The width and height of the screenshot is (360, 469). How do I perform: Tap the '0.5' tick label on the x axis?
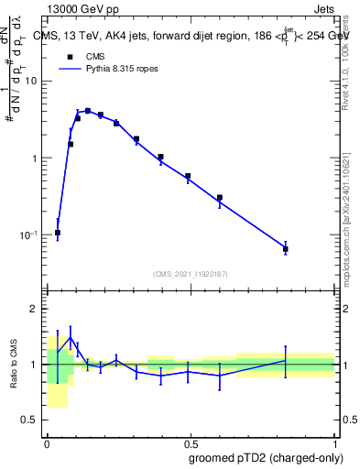coord(191,442)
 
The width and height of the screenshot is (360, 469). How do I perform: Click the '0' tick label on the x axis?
coord(47,442)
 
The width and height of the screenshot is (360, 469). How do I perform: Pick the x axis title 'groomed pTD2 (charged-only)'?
coord(266,458)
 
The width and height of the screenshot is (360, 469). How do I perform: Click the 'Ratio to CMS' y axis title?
coord(14,364)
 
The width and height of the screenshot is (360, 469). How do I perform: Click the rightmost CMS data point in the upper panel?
coord(286,249)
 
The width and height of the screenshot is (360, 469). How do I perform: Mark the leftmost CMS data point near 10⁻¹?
coord(58,233)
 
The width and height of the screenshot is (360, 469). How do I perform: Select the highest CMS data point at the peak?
coord(88,111)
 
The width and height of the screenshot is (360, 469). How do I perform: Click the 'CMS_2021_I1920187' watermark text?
coord(191,273)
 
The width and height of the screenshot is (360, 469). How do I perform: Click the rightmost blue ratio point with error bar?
coord(286,361)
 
